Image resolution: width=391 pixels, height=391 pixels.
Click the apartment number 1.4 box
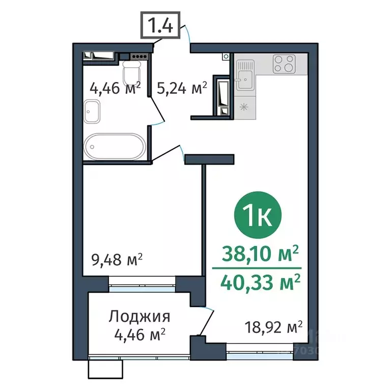tap(160, 25)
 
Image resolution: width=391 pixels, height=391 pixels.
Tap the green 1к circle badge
tap(258, 215)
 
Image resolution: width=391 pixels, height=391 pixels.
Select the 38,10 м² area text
tap(260, 254)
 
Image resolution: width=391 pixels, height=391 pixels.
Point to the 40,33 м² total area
tap(260, 283)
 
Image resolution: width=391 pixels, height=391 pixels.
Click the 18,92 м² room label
tap(273, 327)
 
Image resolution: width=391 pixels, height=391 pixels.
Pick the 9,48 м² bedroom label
tap(117, 260)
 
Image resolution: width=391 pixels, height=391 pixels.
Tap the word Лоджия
tap(139, 317)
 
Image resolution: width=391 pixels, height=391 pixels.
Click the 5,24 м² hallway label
tap(182, 88)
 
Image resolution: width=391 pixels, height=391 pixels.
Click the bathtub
tap(115, 147)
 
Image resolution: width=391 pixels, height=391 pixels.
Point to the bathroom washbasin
tap(92, 111)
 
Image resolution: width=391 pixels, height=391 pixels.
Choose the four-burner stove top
tap(284, 64)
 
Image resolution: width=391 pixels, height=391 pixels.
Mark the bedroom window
tap(142, 284)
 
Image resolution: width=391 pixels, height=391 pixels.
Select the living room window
tap(260, 352)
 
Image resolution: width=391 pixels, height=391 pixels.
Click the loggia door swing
tap(206, 322)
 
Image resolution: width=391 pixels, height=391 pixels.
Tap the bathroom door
tap(157, 111)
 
